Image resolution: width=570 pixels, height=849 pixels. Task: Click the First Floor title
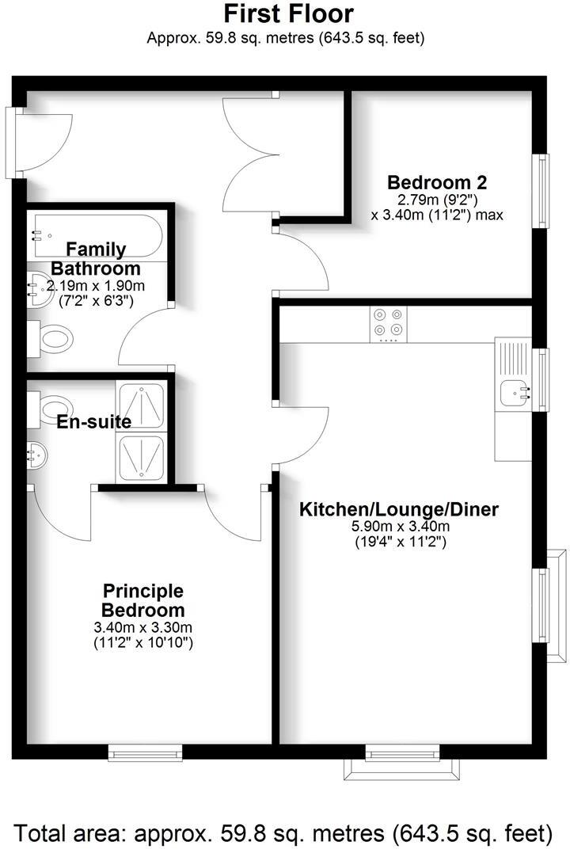click(x=287, y=13)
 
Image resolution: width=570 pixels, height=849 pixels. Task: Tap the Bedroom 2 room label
click(x=437, y=181)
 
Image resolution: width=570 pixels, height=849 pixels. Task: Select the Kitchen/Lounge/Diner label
click(x=398, y=509)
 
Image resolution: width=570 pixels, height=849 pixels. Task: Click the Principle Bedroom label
click(x=143, y=601)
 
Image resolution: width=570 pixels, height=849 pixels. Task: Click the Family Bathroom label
click(x=96, y=259)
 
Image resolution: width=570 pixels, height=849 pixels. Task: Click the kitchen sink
click(x=515, y=391)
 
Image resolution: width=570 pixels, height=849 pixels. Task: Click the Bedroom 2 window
click(x=543, y=190)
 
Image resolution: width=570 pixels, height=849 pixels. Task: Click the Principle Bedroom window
click(x=145, y=752)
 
